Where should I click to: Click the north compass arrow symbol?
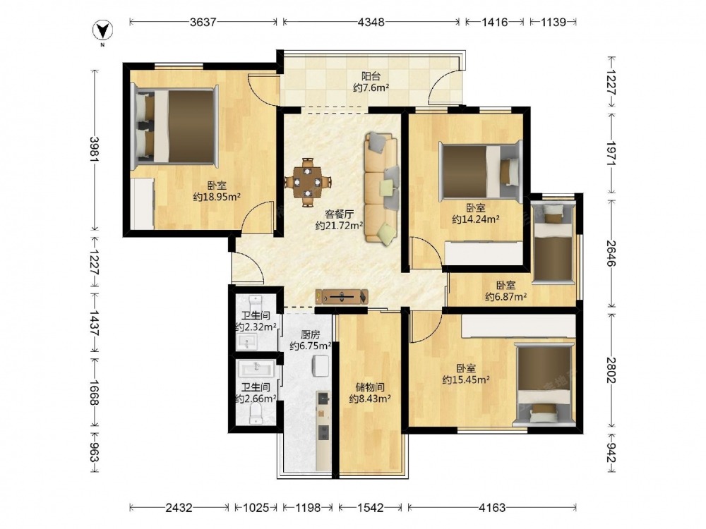coord(102,30)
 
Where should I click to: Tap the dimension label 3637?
coord(203,22)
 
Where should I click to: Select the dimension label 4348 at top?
coord(371,22)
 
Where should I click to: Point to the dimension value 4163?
coord(492,508)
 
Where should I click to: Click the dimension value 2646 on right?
coord(611,253)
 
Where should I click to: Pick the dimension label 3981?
coord(94,150)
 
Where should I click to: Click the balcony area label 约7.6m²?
coord(371,87)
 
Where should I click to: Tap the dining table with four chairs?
coord(308,182)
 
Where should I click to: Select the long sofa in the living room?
coord(382,188)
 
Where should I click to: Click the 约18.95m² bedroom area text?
coord(217,197)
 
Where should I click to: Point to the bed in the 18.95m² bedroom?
coord(176,126)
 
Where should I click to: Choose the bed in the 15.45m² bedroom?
coord(544,384)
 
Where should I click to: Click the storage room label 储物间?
coord(370,387)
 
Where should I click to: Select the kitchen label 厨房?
coord(310,334)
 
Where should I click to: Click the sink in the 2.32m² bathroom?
coord(246,342)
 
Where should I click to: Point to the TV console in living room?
coord(342,297)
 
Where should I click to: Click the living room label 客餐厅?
coord(339,214)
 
